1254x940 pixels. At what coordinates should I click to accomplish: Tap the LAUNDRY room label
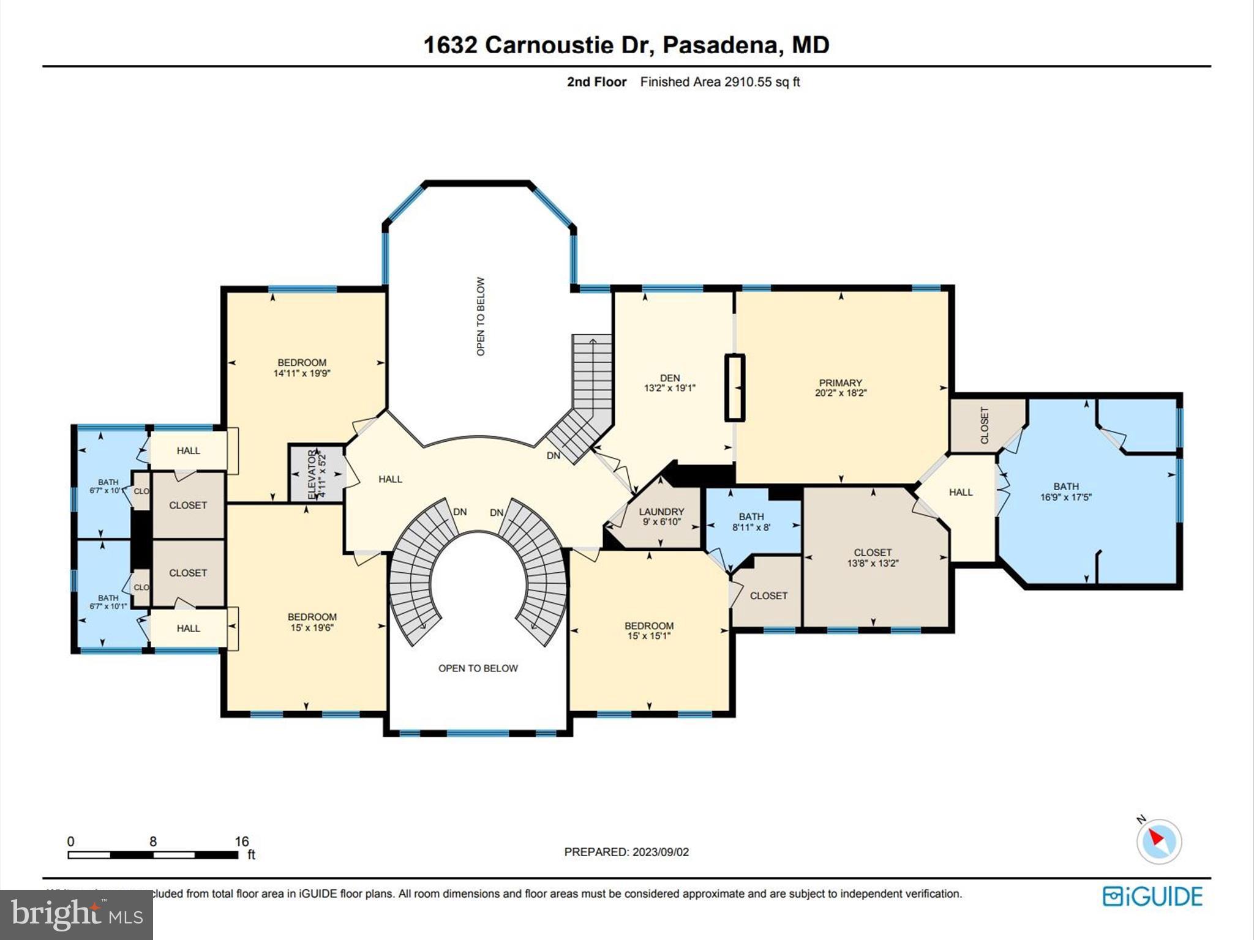tap(661, 512)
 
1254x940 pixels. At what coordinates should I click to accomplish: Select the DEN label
tap(670, 378)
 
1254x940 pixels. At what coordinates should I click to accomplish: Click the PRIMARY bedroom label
tap(840, 382)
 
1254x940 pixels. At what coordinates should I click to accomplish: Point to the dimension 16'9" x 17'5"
tap(1065, 497)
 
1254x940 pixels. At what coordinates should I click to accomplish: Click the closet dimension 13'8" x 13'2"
tap(873, 563)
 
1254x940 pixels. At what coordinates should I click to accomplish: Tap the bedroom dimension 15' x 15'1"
tap(649, 636)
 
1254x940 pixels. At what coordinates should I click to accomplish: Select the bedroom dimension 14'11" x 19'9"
tap(302, 373)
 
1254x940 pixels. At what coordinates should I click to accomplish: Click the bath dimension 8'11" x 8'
tap(751, 527)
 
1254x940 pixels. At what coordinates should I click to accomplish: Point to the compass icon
tap(1158, 841)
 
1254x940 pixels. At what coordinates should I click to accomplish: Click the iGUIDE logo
tap(1152, 897)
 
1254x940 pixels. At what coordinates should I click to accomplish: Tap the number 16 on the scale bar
tap(242, 841)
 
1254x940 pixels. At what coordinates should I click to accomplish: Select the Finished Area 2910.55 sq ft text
tap(720, 82)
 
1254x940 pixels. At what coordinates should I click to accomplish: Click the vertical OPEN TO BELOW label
tap(481, 316)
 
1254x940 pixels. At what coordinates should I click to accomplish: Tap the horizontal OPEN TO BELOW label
tap(478, 668)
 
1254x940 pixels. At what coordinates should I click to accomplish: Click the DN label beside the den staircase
tap(553, 456)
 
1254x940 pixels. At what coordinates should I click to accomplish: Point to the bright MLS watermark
tap(76, 914)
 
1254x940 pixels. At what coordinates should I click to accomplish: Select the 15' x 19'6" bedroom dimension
tap(312, 627)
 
